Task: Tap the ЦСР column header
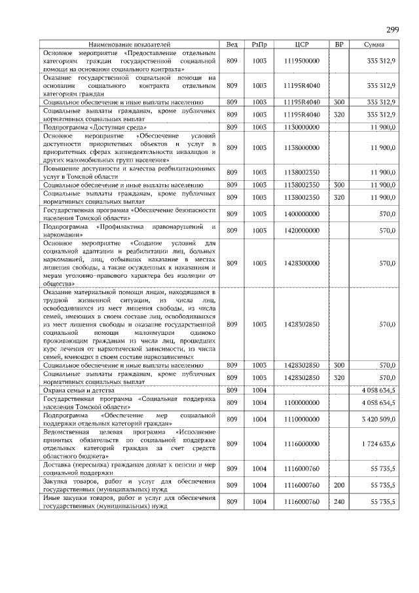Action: [x=302, y=44]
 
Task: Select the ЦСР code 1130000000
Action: [x=302, y=126]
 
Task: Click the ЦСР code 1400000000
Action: [x=302, y=214]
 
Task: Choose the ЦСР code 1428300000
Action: [x=302, y=263]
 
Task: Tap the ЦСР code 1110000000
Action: [x=302, y=419]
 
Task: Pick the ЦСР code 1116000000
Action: [x=302, y=444]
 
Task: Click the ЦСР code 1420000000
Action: [x=302, y=231]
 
